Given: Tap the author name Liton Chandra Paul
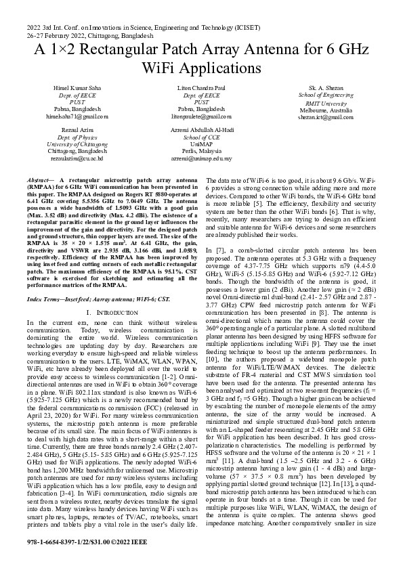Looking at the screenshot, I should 201,89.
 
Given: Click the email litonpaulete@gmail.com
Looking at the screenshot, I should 201,116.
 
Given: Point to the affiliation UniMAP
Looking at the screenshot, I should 201,144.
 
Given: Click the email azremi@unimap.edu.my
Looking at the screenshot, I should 201,158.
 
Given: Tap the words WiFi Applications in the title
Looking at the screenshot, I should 201,68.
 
